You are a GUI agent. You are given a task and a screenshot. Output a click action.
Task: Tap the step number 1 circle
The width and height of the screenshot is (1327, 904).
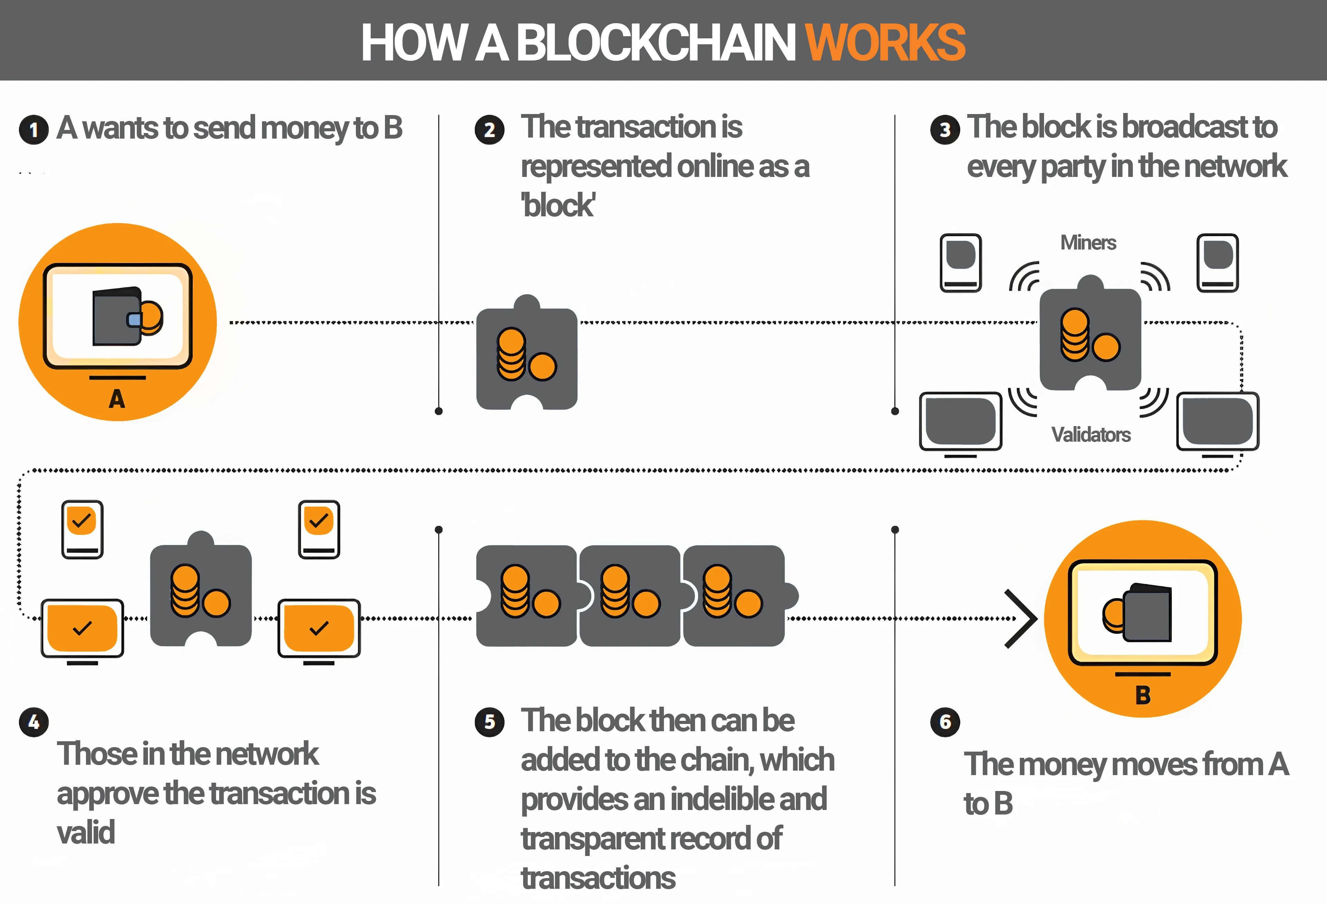pyautogui.click(x=34, y=130)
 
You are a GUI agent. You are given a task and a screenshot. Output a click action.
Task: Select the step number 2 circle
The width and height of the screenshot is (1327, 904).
pyautogui.click(x=489, y=130)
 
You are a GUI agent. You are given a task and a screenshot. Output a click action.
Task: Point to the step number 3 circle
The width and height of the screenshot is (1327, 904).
pyautogui.click(x=945, y=130)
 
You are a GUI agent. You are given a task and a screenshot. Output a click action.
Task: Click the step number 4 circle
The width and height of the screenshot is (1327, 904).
pyautogui.click(x=34, y=722)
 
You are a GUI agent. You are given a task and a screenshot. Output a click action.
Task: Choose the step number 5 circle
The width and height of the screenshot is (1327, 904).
pyautogui.click(x=489, y=722)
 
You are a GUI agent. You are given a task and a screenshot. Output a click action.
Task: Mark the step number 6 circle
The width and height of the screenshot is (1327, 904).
pyautogui.click(x=945, y=722)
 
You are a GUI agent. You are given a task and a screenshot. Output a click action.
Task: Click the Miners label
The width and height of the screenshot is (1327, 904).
pyautogui.click(x=1088, y=243)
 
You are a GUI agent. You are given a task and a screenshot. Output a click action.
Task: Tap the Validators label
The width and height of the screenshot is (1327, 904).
pyautogui.click(x=1091, y=435)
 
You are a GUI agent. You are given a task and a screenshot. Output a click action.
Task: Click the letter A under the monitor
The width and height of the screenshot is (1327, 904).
pyautogui.click(x=117, y=398)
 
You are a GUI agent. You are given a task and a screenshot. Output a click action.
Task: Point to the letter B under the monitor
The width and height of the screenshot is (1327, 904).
pyautogui.click(x=1142, y=695)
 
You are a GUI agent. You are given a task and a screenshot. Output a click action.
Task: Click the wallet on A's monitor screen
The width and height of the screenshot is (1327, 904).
pyautogui.click(x=127, y=316)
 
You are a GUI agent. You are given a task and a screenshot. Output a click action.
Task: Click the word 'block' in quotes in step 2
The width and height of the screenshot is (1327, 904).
pyautogui.click(x=558, y=206)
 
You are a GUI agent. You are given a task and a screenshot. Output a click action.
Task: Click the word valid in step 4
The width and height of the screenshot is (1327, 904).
pyautogui.click(x=86, y=832)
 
